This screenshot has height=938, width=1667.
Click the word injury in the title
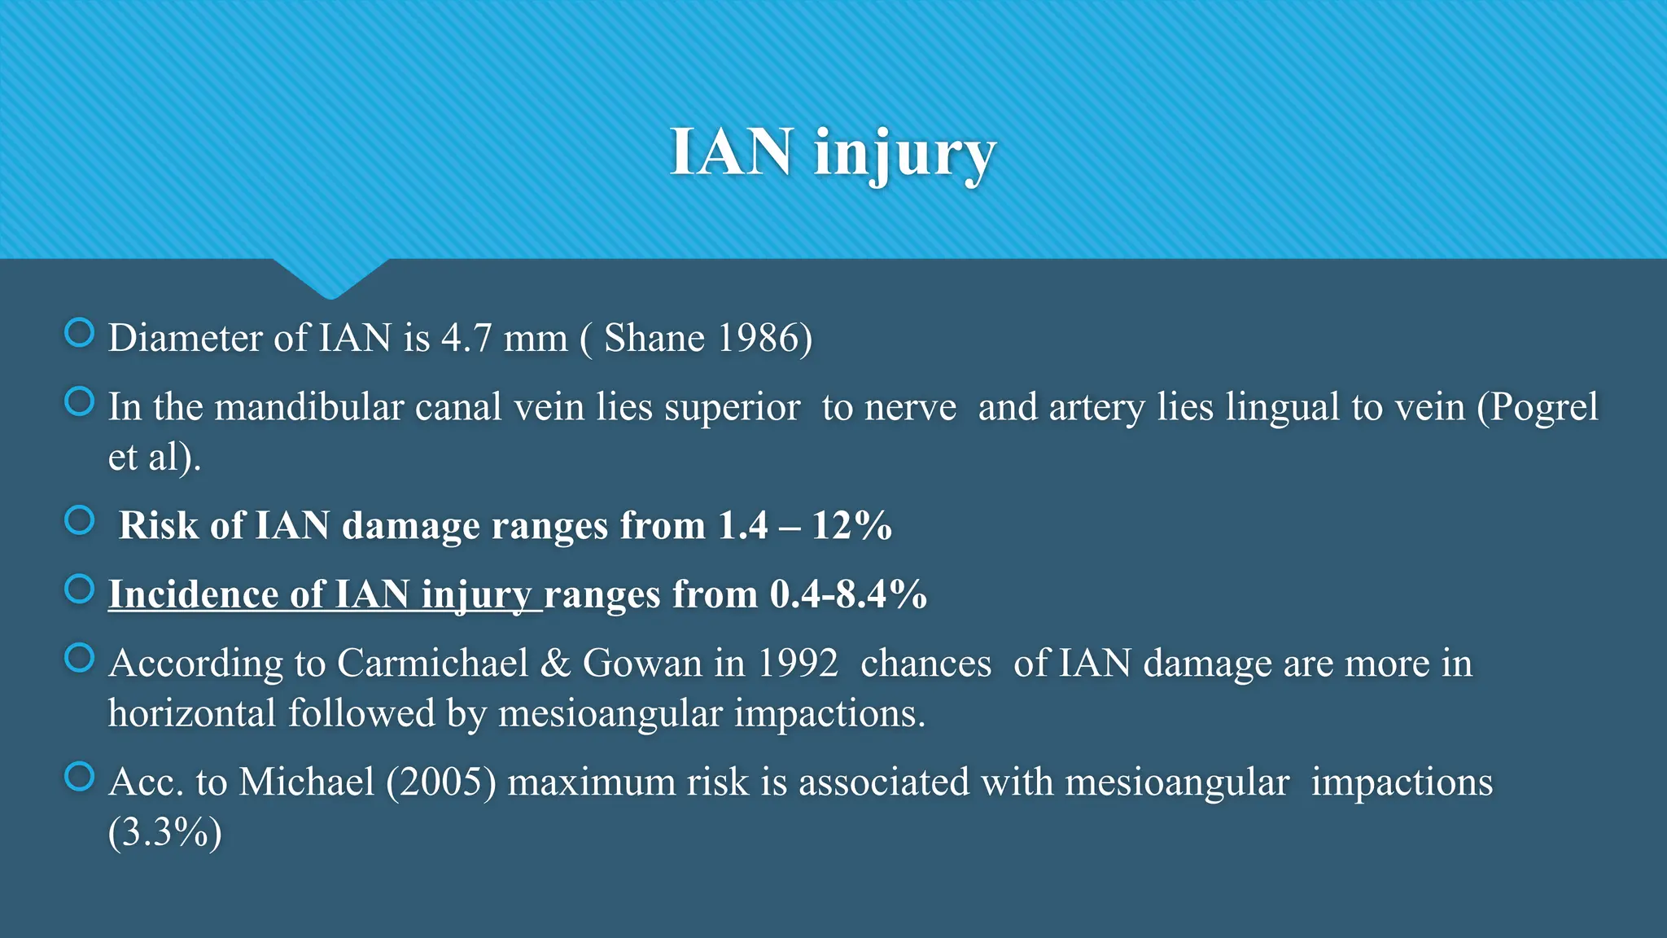pos(905,153)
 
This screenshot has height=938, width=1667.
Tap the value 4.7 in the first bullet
pos(466,338)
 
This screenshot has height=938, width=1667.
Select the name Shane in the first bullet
pos(654,338)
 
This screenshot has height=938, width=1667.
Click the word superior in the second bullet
pos(732,407)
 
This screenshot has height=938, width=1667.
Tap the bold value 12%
pos(852,525)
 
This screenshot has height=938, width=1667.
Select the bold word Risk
pos(159,525)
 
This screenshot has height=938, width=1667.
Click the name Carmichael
pos(432,663)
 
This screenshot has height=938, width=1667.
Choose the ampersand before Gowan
pos(555,663)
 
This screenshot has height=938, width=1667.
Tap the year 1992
pos(797,663)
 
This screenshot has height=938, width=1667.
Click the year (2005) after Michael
pos(441,782)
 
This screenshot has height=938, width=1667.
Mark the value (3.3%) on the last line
pos(164,832)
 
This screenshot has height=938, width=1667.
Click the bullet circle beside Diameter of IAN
pos(80,332)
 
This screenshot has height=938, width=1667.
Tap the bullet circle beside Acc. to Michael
pos(80,776)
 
